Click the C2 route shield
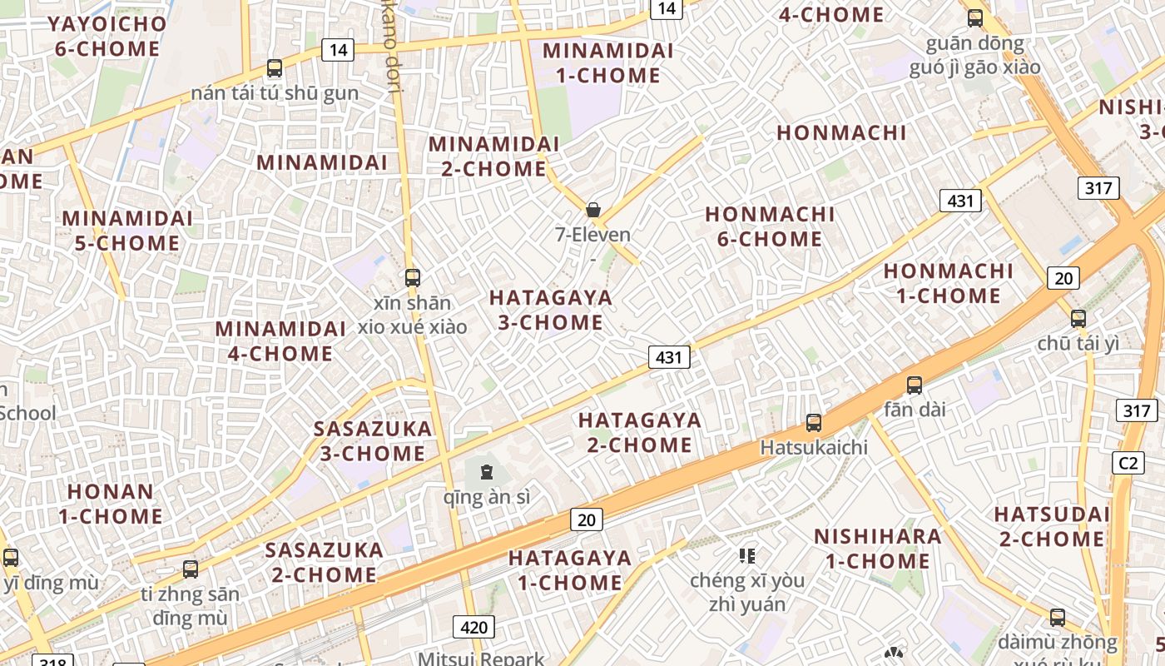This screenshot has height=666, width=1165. point(1128,463)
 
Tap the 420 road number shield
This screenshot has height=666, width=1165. point(473,626)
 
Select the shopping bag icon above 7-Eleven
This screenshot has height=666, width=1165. point(593,210)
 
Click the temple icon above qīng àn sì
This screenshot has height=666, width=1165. point(487,473)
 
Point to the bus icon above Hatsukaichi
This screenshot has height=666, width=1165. point(814,423)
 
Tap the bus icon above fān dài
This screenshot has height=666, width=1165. point(915,385)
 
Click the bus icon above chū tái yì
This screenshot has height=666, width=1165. point(1078,318)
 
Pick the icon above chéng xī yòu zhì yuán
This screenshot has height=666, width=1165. point(747,555)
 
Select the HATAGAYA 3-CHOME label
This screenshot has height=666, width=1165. point(550,310)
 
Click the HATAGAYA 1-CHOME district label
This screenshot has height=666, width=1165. point(570,569)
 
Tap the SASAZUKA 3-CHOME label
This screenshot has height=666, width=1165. point(373,441)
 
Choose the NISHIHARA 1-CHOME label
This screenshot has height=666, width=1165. point(878,548)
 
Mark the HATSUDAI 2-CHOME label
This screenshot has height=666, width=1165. point(1052,526)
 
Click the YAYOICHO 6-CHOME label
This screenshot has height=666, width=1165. point(107,36)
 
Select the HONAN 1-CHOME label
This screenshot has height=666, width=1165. point(110,503)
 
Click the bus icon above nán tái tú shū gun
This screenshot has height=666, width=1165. point(275,68)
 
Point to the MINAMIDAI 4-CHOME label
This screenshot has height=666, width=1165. point(280,340)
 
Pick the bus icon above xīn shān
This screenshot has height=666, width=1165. point(413,278)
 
